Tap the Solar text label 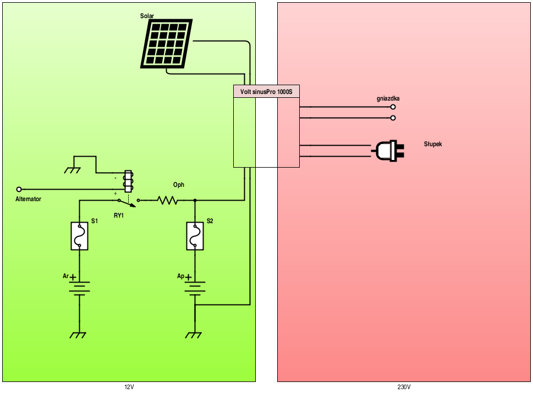[x=147, y=16]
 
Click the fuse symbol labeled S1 [x=80, y=236]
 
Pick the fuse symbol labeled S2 [x=195, y=236]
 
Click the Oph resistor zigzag [x=168, y=201]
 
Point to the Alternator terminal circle [x=19, y=189]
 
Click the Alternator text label [x=28, y=199]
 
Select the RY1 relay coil [x=129, y=181]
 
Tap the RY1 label [x=119, y=216]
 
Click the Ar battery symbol [x=80, y=288]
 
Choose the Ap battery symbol [x=195, y=288]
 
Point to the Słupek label [x=433, y=144]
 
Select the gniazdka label [x=388, y=98]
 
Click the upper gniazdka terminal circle [x=393, y=108]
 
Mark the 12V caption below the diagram [x=129, y=387]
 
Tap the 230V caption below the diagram [x=404, y=387]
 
